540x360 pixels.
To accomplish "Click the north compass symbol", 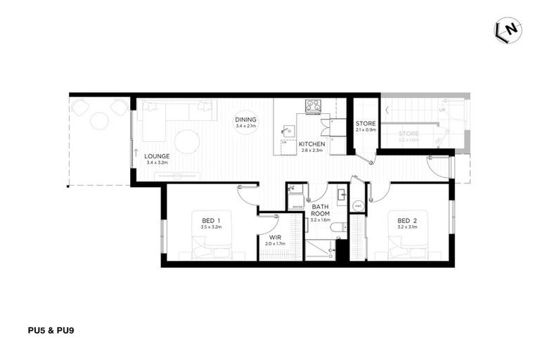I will point(508,30).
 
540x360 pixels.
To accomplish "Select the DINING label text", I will point(246,120).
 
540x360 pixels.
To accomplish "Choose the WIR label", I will point(276,237).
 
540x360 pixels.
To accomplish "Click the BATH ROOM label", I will point(321,210).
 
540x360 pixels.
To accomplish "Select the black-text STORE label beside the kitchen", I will point(366,124).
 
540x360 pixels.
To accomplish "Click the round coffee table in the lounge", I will point(187,141).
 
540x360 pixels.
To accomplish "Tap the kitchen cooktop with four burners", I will point(313,106).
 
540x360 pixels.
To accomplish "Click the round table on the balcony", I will point(100,121).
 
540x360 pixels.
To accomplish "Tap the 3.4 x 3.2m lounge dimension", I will point(157,163).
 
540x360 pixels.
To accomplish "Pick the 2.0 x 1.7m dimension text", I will point(276,244).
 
